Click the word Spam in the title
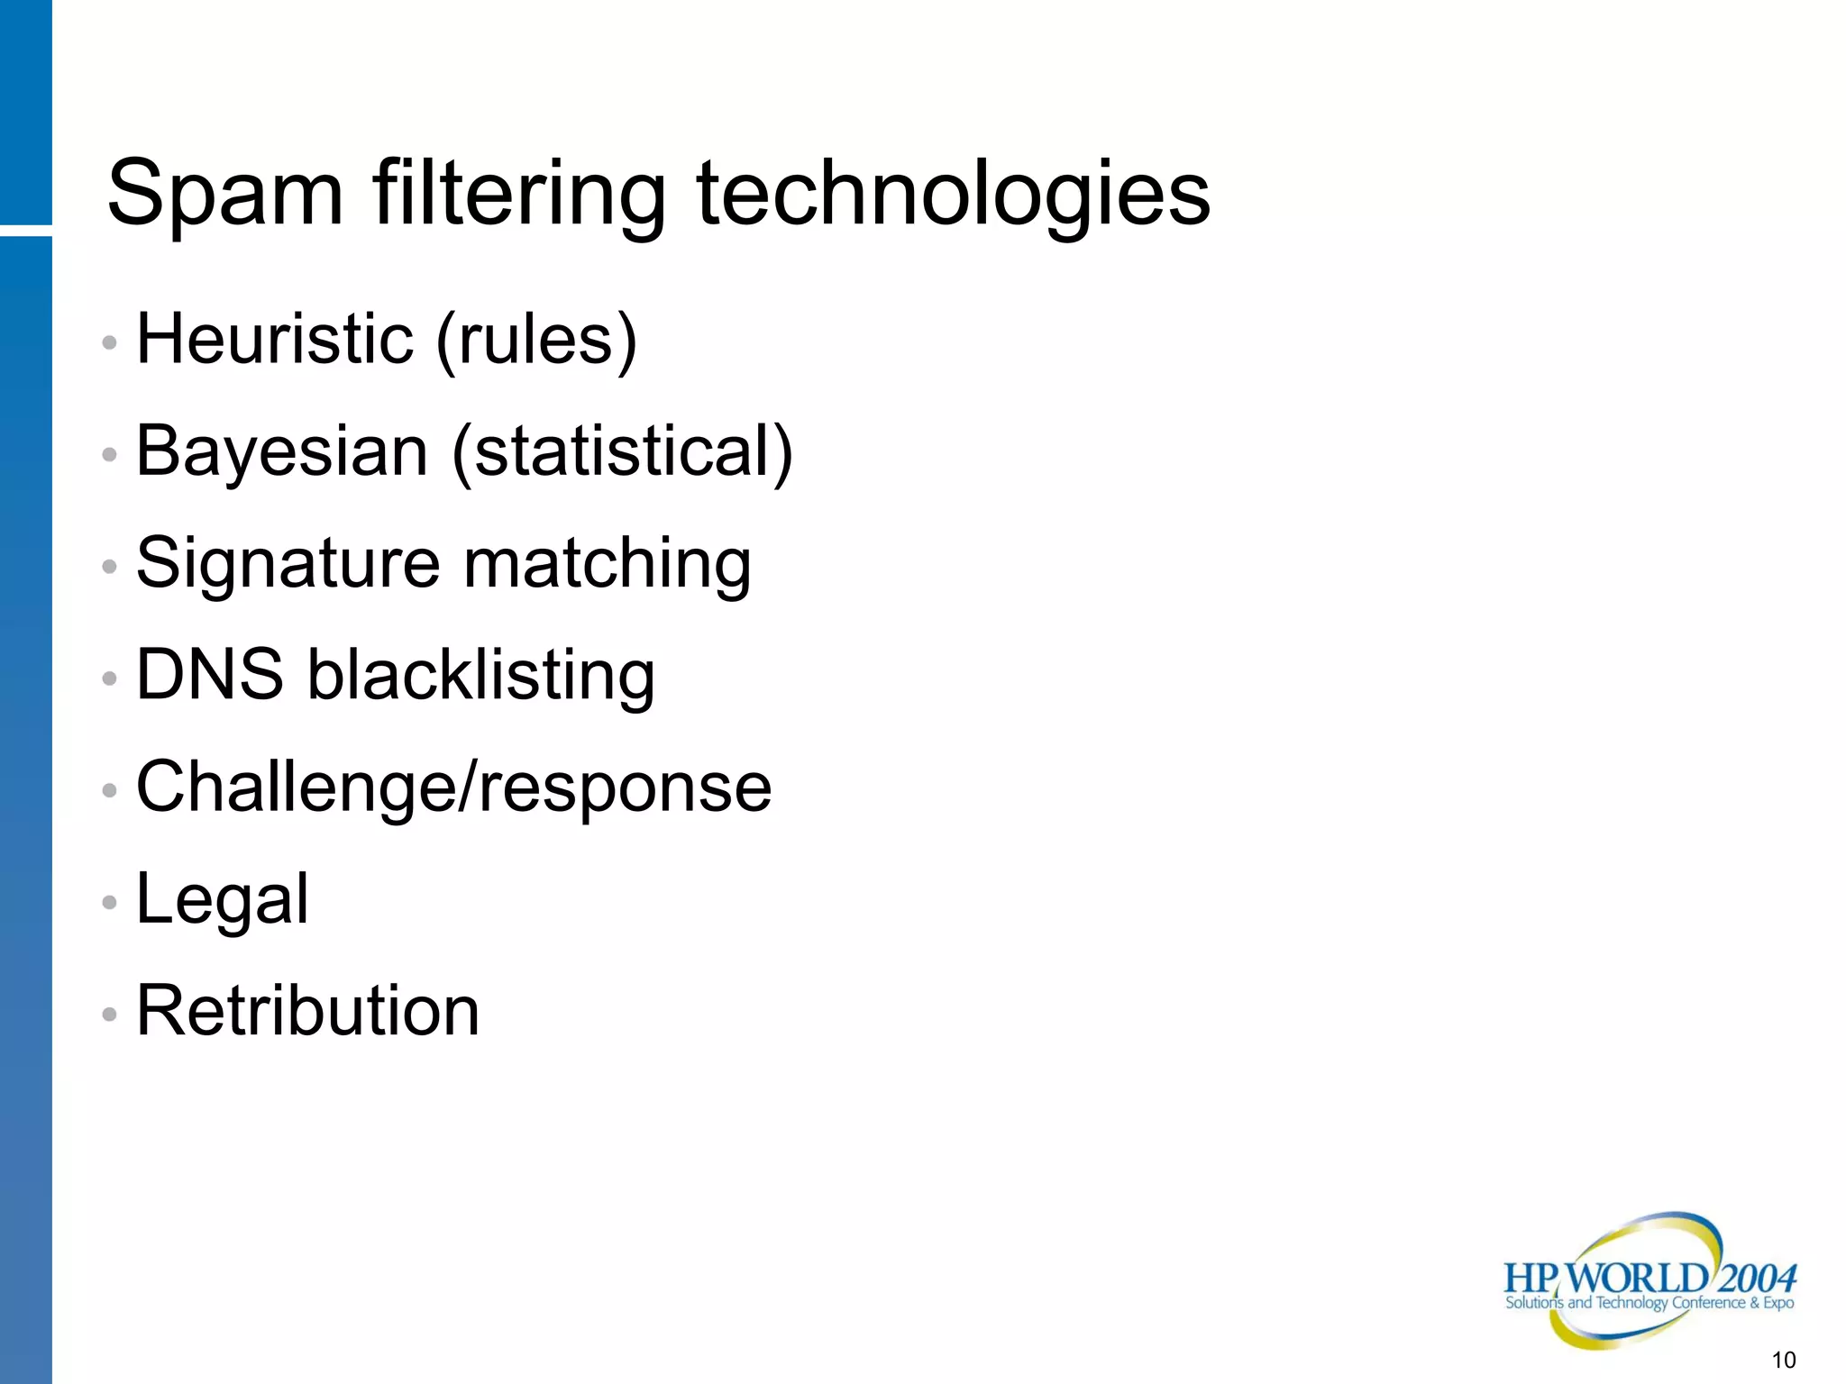tap(225, 194)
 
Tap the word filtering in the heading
tap(519, 194)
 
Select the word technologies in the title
tap(953, 194)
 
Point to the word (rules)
tap(536, 341)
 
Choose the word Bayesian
tap(282, 451)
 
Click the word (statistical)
tap(622, 451)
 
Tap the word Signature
tap(288, 564)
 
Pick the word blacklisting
tap(481, 676)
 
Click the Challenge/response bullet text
tap(453, 787)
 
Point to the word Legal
tap(222, 899)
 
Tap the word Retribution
tap(307, 1011)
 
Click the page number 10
tap(1783, 1360)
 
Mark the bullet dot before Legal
tap(110, 902)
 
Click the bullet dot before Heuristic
tap(110, 342)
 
